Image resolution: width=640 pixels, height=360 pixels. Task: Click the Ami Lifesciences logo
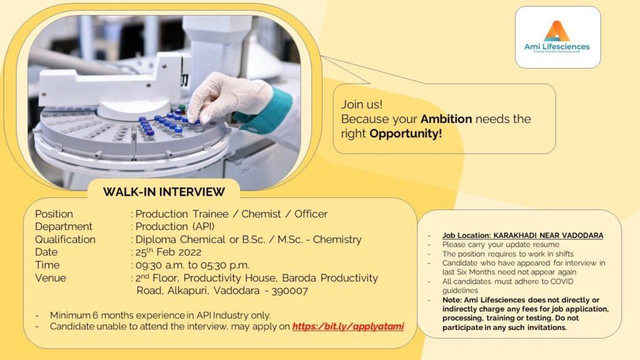pyautogui.click(x=557, y=37)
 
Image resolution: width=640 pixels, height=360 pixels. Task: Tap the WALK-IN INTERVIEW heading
pyautogui.click(x=164, y=192)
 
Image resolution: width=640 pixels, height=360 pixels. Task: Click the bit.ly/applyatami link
pyautogui.click(x=348, y=326)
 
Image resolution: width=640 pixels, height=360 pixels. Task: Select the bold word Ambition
pyautogui.click(x=446, y=119)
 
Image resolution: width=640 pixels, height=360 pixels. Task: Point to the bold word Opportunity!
pyautogui.click(x=405, y=134)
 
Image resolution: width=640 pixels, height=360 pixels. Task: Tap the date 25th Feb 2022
pyautogui.click(x=168, y=252)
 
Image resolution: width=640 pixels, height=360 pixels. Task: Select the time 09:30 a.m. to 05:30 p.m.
pyautogui.click(x=192, y=265)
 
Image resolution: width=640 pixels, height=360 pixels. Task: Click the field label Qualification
pyautogui.click(x=65, y=239)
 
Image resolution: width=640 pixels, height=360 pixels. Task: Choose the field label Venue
pyautogui.click(x=51, y=278)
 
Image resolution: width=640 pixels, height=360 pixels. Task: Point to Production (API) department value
pyautogui.click(x=175, y=226)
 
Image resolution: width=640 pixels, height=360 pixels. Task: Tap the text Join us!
pyautogui.click(x=362, y=104)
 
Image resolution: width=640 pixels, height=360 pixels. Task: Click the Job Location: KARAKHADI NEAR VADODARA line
pyautogui.click(x=523, y=236)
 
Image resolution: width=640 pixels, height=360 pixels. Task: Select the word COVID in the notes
pyautogui.click(x=562, y=281)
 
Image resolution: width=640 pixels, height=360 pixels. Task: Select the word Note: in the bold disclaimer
pyautogui.click(x=452, y=300)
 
